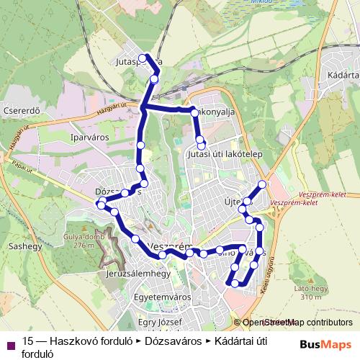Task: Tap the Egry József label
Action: pos(162,321)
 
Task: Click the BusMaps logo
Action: pos(325,344)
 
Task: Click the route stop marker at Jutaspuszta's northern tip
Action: pos(143,58)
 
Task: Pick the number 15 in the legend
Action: pos(29,341)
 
